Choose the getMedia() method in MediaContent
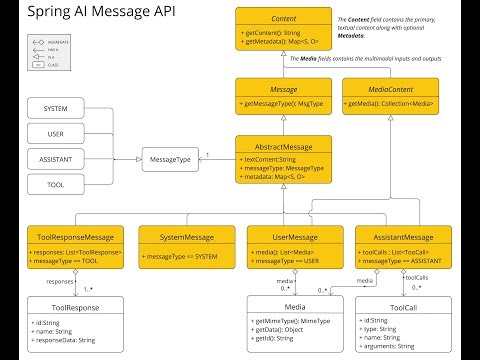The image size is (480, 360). coord(390,104)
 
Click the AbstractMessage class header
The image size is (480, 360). coord(279,146)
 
